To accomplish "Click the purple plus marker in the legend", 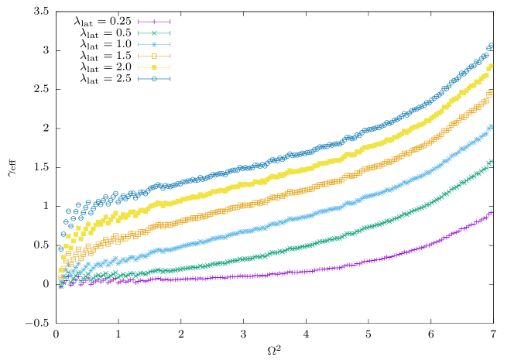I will (154, 22).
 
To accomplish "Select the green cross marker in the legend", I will (154, 33).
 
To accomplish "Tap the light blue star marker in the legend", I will (154, 45).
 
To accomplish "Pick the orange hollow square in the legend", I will (154, 56).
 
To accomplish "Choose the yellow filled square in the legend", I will (154, 67).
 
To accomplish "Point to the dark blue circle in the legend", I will (154, 79).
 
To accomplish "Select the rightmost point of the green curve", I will (490, 162).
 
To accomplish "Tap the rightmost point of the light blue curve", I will (490, 126).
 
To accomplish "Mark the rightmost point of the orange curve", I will (490, 93).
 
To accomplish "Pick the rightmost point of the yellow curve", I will (490, 67).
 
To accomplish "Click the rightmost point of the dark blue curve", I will (490, 46).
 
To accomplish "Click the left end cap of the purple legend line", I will (139, 22).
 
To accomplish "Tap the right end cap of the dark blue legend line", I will (170, 79).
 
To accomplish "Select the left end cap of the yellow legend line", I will (139, 67).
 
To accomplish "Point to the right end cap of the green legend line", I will (170, 33).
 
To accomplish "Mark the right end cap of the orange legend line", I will (170, 56).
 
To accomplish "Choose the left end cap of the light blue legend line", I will (139, 45).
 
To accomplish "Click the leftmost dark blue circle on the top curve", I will (60, 249).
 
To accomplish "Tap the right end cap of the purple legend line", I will (170, 22).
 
